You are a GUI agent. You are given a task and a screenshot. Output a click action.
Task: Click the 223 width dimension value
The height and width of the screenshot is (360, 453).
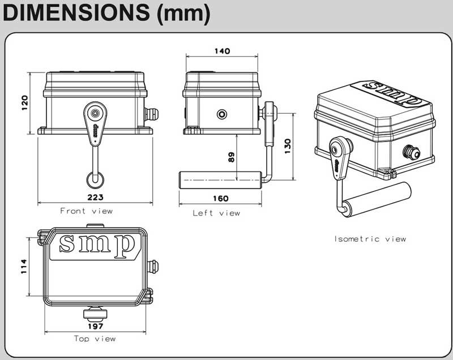pos(95,197)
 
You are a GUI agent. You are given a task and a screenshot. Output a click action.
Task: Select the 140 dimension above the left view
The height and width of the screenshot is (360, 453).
pos(222,51)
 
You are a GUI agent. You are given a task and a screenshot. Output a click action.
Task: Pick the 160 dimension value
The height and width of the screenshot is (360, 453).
pos(221,198)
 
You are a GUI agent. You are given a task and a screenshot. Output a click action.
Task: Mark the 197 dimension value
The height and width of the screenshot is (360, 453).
pos(95,327)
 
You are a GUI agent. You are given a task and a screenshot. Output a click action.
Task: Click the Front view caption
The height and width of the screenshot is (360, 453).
pos(86,211)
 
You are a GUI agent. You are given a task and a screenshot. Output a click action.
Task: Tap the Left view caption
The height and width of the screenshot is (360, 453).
pos(216,213)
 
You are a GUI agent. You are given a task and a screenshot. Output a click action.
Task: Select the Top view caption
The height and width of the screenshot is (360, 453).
pos(95,338)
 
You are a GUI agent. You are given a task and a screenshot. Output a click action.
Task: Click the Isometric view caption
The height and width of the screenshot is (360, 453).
pos(370,239)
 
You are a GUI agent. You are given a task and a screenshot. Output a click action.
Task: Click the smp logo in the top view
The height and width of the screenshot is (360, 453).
pos(97,244)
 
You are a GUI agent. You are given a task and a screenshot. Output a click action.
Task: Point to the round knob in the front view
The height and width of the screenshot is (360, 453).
pos(95,179)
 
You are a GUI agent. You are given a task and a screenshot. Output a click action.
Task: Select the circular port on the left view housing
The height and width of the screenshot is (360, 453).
pos(221,114)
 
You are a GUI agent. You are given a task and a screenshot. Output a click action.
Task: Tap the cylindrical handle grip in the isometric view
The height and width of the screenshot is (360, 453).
pos(377,199)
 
